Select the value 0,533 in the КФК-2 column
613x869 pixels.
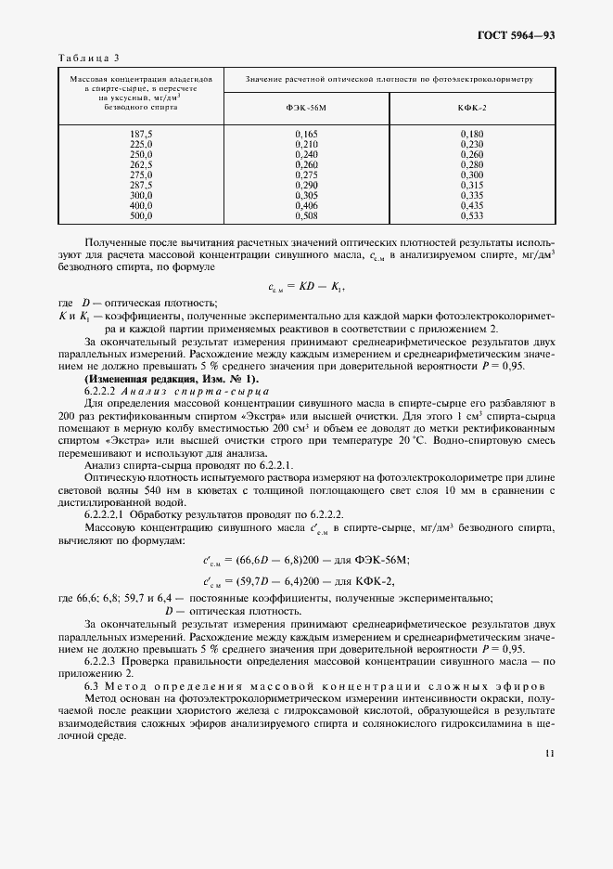[x=471, y=217]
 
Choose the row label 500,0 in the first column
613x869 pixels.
[x=141, y=217]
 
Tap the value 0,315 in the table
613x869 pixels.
[x=471, y=186]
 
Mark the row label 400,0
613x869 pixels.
[x=141, y=206]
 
